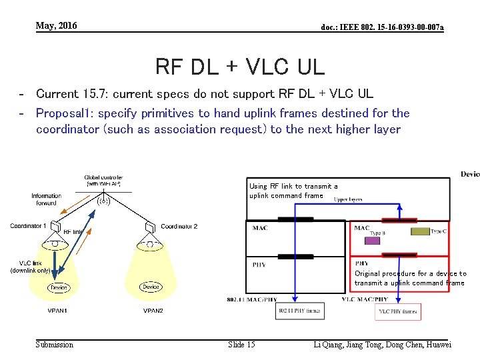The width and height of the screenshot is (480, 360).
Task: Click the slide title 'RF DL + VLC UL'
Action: pyautogui.click(x=239, y=67)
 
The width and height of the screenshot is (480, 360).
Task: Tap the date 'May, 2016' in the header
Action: pyautogui.click(x=57, y=26)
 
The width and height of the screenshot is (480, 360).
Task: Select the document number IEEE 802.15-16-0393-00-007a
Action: pyautogui.click(x=382, y=27)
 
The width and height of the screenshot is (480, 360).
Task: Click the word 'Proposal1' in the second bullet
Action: pyautogui.click(x=64, y=113)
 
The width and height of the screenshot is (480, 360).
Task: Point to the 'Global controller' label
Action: pyautogui.click(x=103, y=179)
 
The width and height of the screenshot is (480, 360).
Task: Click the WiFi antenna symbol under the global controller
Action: pyautogui.click(x=104, y=199)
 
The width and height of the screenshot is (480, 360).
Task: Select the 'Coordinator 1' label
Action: pyautogui.click(x=28, y=226)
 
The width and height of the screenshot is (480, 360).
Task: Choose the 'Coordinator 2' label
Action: pyautogui.click(x=179, y=227)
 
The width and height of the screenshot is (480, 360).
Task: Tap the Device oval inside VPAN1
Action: pyautogui.click(x=59, y=287)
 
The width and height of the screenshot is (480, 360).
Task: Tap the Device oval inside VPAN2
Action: pyautogui.click(x=151, y=287)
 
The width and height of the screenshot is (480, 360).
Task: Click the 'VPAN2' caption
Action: pyautogui.click(x=153, y=311)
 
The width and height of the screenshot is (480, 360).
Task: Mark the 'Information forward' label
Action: pyautogui.click(x=46, y=199)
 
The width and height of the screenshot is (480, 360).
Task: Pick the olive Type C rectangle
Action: pyautogui.click(x=420, y=231)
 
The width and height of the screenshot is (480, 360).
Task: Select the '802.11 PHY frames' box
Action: pyautogui.click(x=299, y=311)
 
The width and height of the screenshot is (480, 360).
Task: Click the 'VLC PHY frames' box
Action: pyautogui.click(x=398, y=311)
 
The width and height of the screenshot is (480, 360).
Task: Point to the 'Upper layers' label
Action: pyautogui.click(x=349, y=199)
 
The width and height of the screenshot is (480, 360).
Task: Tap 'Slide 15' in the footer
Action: pyautogui.click(x=241, y=345)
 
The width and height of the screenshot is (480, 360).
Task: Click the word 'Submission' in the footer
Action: pyautogui.click(x=55, y=345)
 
